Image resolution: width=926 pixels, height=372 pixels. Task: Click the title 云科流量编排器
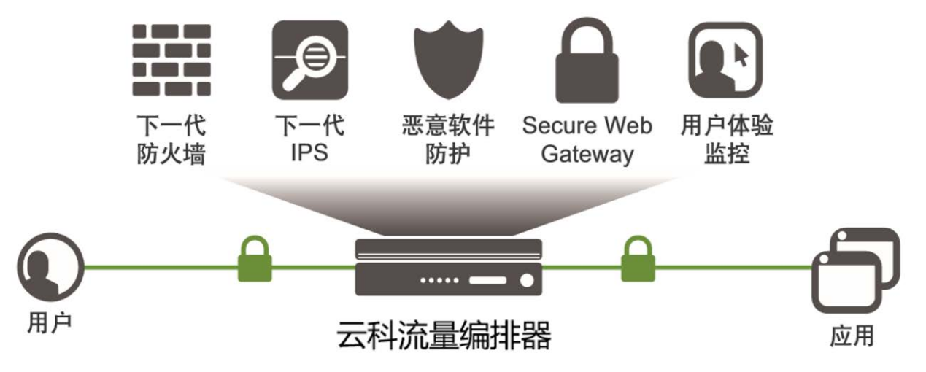pyautogui.click(x=444, y=336)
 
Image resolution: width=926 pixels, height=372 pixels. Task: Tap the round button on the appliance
pyautogui.click(x=526, y=280)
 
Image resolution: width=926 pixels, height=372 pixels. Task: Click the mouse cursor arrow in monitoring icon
pyautogui.click(x=741, y=54)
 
